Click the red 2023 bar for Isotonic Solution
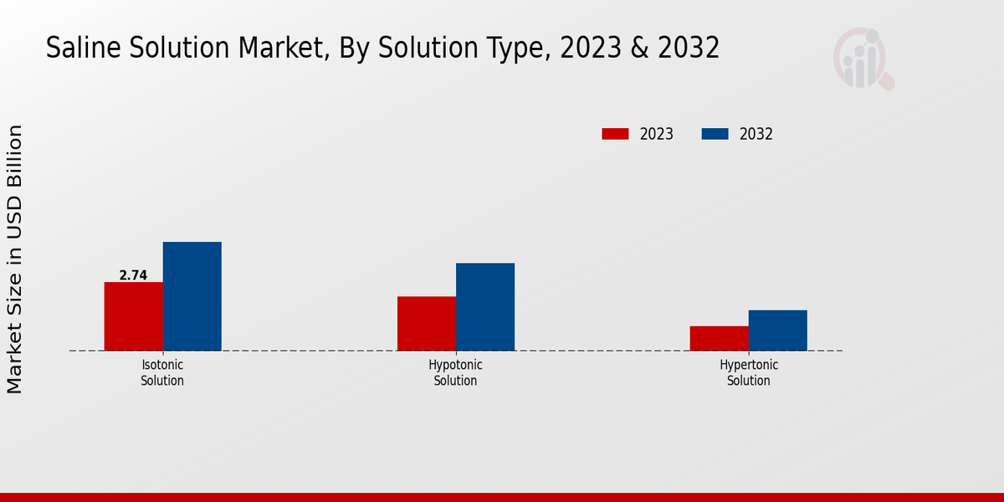click(133, 316)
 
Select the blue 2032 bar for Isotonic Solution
click(192, 296)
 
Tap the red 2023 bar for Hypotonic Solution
click(426, 323)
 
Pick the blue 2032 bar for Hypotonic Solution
click(484, 306)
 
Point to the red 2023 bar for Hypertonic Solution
click(719, 338)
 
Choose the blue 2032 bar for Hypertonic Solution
click(777, 330)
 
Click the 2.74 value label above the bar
click(133, 275)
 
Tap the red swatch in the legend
click(615, 134)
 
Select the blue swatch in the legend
click(715, 134)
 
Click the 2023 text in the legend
click(657, 134)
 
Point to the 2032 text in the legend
click(756, 134)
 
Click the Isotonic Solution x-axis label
click(162, 373)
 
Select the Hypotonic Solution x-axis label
click(455, 373)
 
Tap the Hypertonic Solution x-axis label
click(749, 373)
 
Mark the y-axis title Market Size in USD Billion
click(15, 259)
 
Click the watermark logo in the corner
click(863, 59)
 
